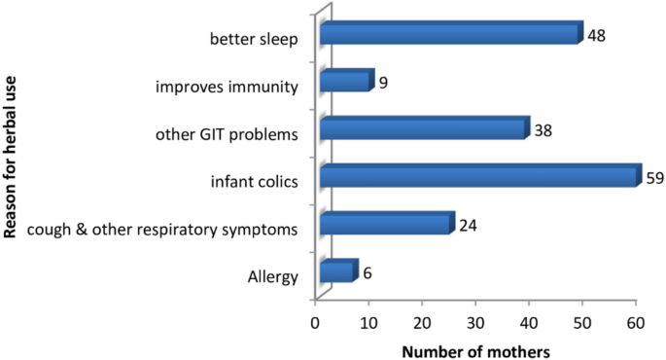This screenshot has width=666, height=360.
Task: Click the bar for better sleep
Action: (x=449, y=34)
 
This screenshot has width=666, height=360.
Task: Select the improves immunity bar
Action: (x=345, y=81)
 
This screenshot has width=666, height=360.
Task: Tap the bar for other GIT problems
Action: (x=423, y=128)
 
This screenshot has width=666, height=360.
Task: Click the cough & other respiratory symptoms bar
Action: (x=386, y=224)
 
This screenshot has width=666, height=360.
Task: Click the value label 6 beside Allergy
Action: (x=368, y=272)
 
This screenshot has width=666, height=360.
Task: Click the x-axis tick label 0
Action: (x=315, y=321)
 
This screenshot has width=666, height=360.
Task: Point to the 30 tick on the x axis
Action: (x=475, y=321)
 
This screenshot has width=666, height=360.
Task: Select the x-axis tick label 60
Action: (x=636, y=321)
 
